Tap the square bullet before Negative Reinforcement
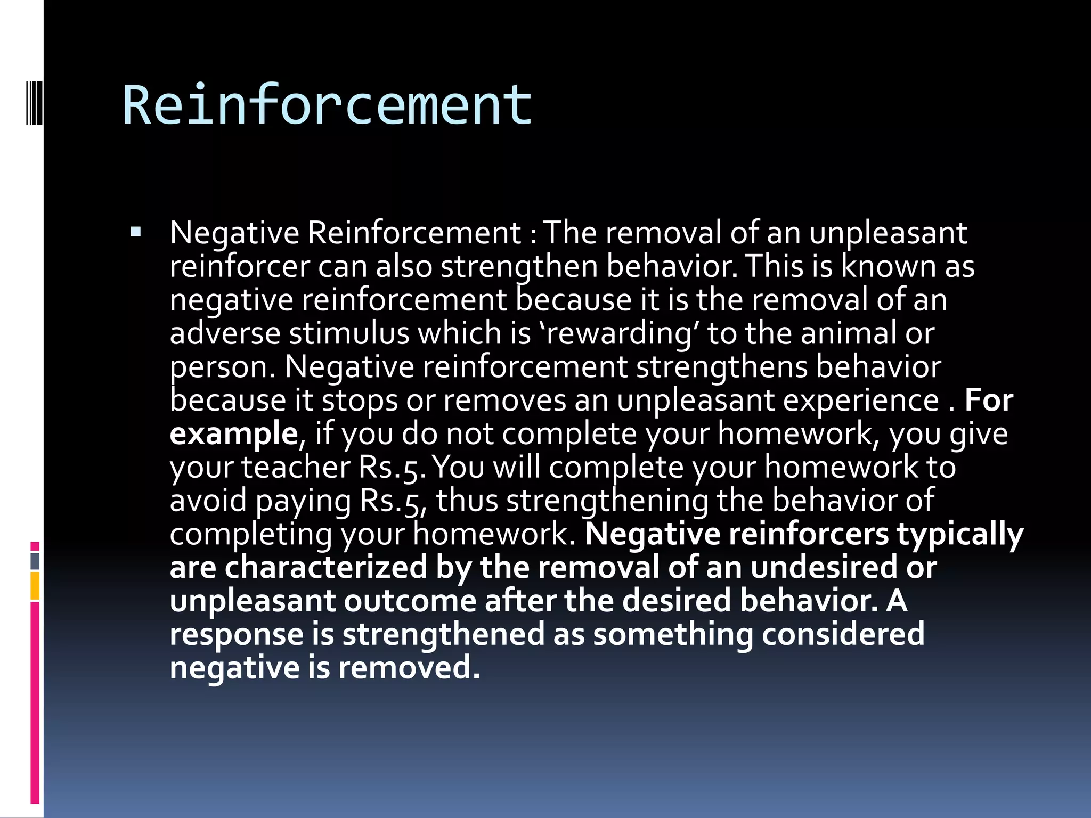pyautogui.click(x=136, y=232)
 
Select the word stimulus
pyautogui.click(x=349, y=333)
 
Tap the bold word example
pyautogui.click(x=233, y=434)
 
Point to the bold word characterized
pyautogui.click(x=325, y=568)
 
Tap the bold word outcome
pyautogui.click(x=410, y=601)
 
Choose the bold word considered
pyautogui.click(x=843, y=634)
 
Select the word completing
pyautogui.click(x=251, y=535)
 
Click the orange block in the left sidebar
pyautogui.click(x=35, y=586)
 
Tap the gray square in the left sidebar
pyautogui.click(x=35, y=561)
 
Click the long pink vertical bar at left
pyautogui.click(x=35, y=703)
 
